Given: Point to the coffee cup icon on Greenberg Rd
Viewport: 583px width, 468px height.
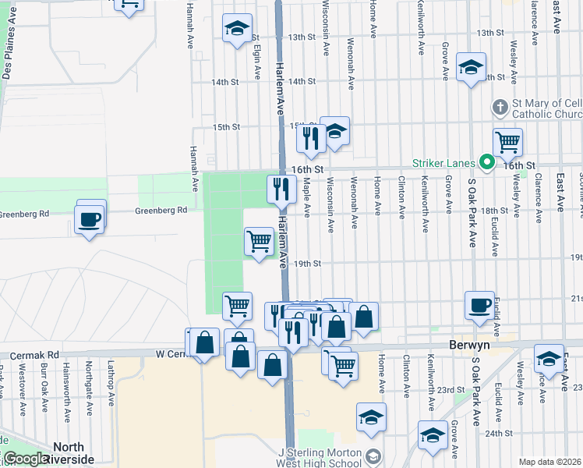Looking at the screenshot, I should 90,218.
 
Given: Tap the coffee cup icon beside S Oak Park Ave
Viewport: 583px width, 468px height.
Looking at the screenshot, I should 479,304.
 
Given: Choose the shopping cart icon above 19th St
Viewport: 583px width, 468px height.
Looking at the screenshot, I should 259,240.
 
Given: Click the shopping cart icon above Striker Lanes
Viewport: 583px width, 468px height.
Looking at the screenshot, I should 507,142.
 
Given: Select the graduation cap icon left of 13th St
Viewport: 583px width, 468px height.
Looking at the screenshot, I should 237,30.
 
